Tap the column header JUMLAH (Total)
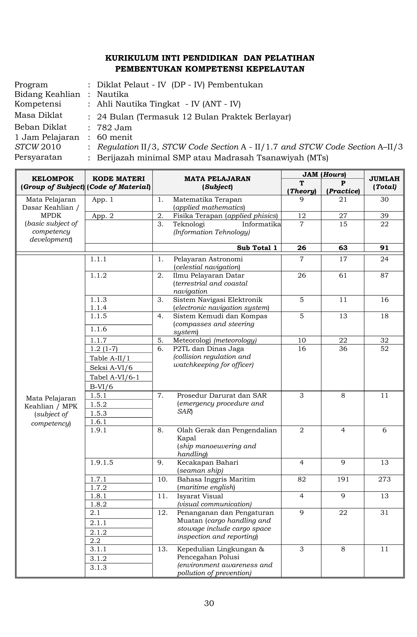(384, 182)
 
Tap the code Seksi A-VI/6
(111, 368)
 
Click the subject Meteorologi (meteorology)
(215, 340)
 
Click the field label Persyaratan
(38, 157)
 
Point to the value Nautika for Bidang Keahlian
(113, 94)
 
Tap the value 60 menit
(115, 137)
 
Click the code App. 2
(103, 216)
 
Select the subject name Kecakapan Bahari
(207, 462)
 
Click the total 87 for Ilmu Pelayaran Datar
(384, 275)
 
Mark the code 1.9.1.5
(102, 462)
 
